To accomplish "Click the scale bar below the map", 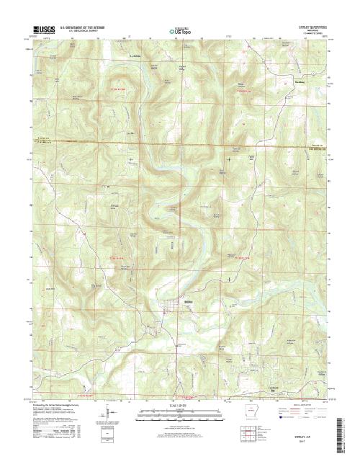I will coord(180,412).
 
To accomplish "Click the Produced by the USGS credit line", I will coord(58,404).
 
